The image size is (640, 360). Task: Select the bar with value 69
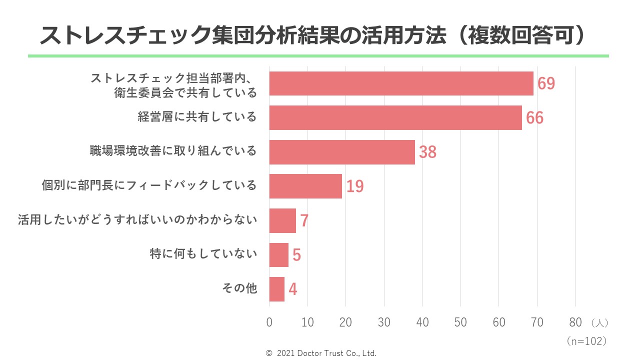point(401,83)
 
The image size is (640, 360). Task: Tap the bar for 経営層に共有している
point(395,117)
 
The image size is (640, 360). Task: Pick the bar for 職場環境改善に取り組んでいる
point(342,152)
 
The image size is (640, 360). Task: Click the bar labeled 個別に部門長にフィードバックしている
point(305,186)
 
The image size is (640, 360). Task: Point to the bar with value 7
point(282,220)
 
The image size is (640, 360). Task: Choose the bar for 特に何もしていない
point(278,254)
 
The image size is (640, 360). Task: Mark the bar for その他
point(276,289)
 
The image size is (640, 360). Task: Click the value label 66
point(534,118)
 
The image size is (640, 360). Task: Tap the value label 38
point(427,152)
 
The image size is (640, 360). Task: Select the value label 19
point(354,186)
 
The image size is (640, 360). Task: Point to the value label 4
point(292,289)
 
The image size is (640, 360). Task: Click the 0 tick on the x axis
point(269,322)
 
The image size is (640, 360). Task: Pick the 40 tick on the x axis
point(422,322)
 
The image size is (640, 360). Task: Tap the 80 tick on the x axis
point(575,322)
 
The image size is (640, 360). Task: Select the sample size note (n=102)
point(587,341)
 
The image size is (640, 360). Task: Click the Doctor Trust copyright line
point(321,353)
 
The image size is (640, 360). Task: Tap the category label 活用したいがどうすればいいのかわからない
point(137,220)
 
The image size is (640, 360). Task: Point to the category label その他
point(239,288)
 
